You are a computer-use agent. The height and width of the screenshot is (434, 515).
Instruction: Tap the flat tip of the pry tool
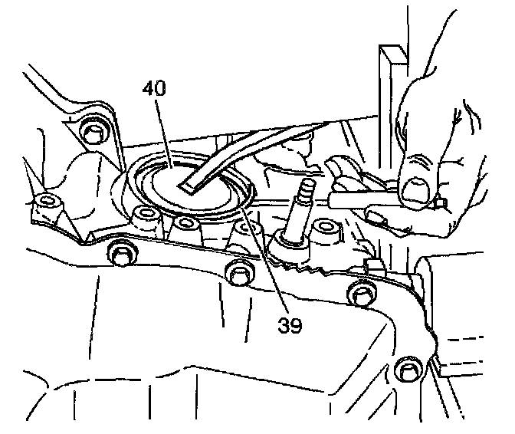186,186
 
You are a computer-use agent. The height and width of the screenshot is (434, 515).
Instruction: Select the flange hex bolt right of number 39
359,292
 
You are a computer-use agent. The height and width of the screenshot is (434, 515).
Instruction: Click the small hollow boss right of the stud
332,231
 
